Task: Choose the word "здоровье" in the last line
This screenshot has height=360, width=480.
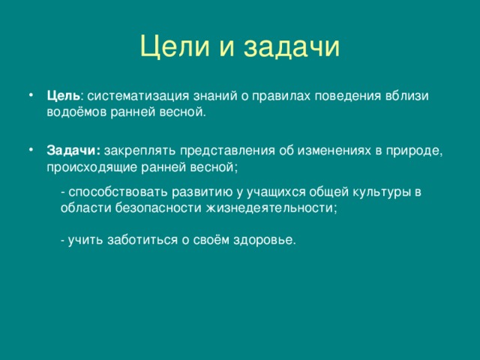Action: click(263, 240)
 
